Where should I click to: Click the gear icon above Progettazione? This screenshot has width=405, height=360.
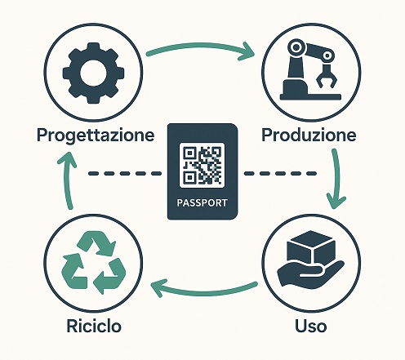coord(93,73)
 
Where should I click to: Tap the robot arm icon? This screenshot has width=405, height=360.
coord(310,69)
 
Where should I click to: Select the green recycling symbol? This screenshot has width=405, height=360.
coord(94,262)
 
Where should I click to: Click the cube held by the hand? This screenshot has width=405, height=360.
coord(311,248)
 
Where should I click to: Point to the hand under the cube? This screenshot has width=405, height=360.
coord(311,273)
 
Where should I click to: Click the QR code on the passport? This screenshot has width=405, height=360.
coord(202,165)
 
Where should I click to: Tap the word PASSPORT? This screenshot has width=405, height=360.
coord(202,203)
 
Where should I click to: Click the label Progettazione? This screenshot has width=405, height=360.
coord(96,136)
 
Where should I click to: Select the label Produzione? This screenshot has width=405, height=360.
coord(309,135)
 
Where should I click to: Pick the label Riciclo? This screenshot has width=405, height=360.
coord(94,326)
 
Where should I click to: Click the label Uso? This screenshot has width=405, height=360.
coord(311,326)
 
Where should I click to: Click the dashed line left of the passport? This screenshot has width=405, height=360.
coord(125,173)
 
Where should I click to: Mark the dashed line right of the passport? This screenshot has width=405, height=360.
coord(280,173)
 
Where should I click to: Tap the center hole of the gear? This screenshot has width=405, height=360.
coord(93,73)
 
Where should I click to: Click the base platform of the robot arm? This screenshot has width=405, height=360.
coord(310,96)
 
